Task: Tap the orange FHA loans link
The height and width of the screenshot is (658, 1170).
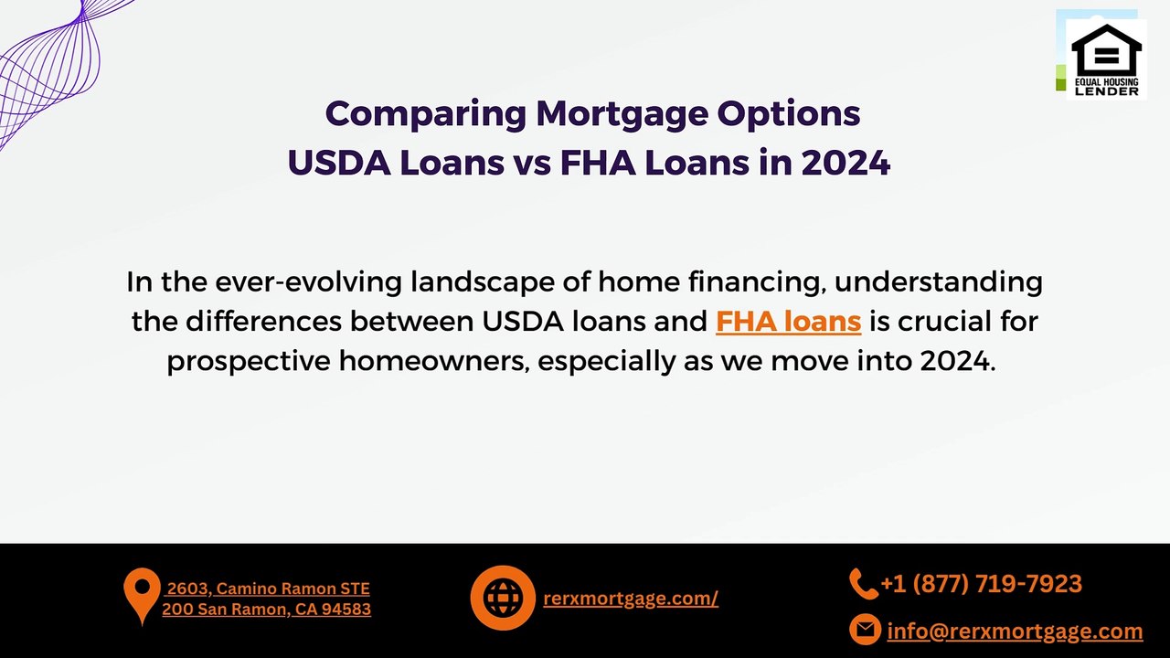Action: coord(788,322)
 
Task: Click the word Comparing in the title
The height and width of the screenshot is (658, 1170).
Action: coord(425,114)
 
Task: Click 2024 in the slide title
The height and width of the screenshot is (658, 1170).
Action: coord(846,164)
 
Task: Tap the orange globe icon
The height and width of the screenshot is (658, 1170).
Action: coord(502,598)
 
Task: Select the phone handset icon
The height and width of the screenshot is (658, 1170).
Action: coord(862,583)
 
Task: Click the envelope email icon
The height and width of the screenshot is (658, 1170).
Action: coord(864,630)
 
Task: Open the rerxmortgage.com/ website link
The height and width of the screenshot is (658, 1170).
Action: coord(631,599)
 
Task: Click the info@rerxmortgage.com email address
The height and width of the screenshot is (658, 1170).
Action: coord(1015,631)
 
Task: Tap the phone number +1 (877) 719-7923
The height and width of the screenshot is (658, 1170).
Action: coord(981,584)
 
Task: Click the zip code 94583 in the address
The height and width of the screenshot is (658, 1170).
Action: coord(346,610)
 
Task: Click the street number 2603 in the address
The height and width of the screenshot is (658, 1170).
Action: coord(186,589)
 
